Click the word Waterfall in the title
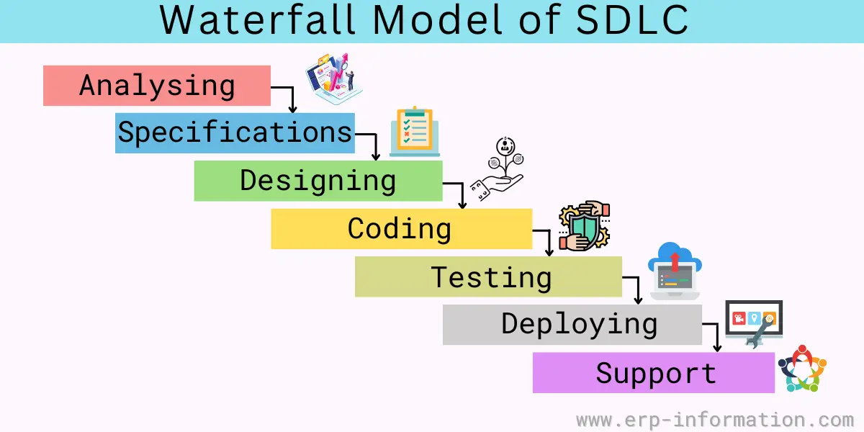(x=257, y=20)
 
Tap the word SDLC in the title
(x=632, y=20)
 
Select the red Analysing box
(x=157, y=86)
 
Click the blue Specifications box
(x=235, y=133)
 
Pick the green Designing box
(x=318, y=181)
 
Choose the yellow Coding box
(x=402, y=229)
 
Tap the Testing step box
(x=488, y=276)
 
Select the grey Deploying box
(x=572, y=325)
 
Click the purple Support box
(x=654, y=373)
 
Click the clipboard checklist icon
(x=415, y=131)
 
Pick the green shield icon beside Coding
(x=585, y=225)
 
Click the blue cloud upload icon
(x=675, y=271)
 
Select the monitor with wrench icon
(x=754, y=323)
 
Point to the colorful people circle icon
(x=802, y=369)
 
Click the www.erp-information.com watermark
(x=715, y=420)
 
